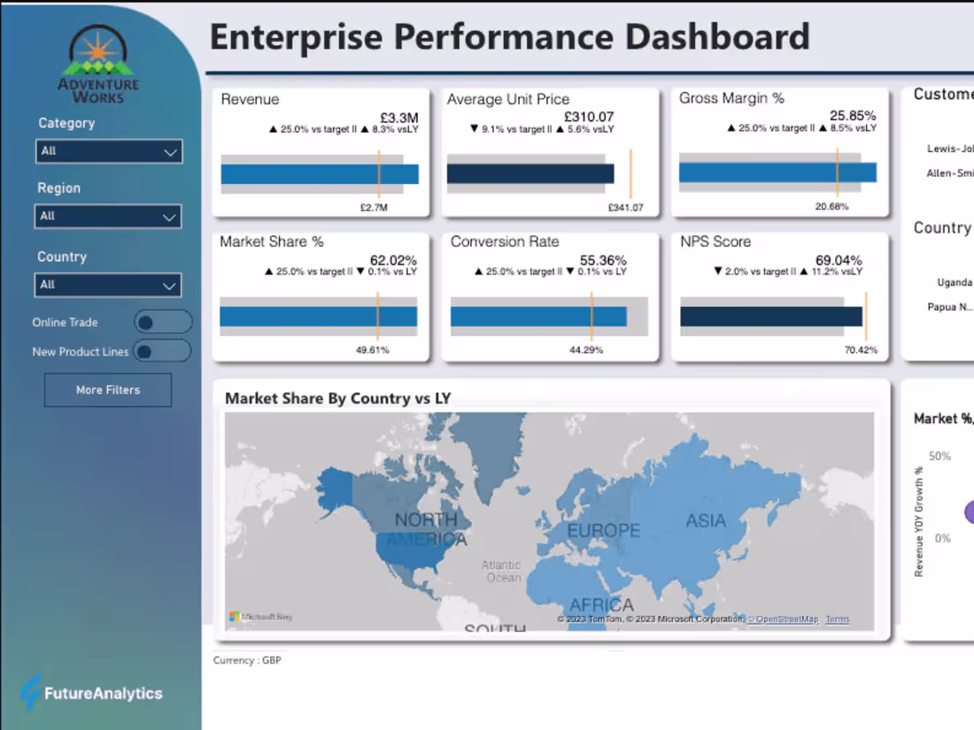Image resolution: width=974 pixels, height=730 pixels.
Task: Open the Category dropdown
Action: coord(108,151)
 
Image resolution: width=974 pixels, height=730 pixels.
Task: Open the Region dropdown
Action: coord(108,216)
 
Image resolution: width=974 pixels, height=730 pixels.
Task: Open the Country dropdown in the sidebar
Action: coord(108,285)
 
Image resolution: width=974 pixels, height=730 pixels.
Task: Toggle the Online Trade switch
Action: coord(162,322)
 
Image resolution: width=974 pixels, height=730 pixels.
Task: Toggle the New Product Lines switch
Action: coord(162,351)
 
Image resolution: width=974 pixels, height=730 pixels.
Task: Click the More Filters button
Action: coord(108,389)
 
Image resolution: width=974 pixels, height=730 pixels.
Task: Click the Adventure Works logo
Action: coord(98,65)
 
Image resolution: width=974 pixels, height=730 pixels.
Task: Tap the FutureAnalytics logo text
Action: coord(103,694)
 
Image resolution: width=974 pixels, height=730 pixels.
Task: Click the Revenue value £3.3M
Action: coord(399,117)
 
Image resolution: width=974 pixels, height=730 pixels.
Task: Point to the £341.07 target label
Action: coord(625,208)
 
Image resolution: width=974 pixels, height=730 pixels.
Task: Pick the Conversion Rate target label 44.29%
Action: coord(585,350)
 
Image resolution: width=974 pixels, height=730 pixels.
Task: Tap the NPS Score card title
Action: coord(715,242)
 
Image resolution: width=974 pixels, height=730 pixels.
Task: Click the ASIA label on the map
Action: coord(706,520)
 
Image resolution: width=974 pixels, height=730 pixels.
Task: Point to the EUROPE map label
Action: coord(603,531)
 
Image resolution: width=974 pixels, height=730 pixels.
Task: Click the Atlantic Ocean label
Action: coord(501,572)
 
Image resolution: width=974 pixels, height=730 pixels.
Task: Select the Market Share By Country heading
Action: coord(337,398)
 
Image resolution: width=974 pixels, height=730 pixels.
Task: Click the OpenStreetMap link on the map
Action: coord(785,619)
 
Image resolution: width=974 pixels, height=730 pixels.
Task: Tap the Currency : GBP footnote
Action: coord(247,660)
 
